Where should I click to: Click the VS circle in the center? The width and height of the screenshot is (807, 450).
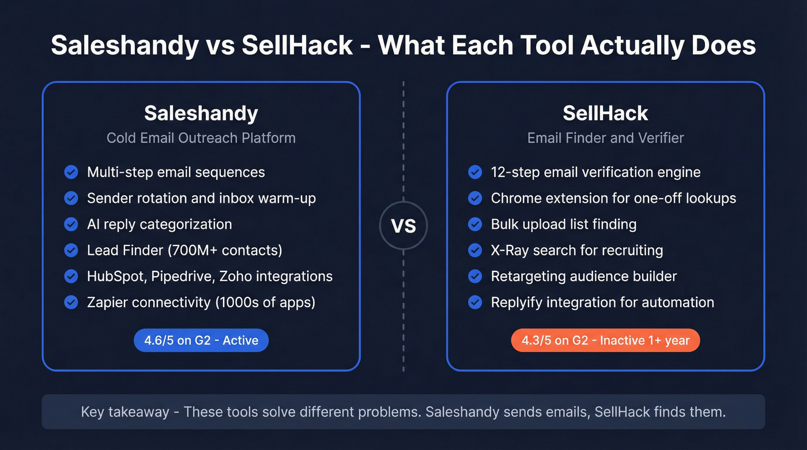(403, 226)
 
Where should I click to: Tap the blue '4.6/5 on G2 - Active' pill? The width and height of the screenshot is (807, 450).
(201, 341)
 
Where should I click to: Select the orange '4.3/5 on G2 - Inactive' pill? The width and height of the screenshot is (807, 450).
(605, 341)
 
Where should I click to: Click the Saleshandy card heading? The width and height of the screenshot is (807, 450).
(201, 114)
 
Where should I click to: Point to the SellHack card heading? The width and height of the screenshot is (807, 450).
(605, 114)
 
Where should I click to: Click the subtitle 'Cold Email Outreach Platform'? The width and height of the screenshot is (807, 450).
(201, 138)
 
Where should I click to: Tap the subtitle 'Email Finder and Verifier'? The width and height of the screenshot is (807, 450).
(605, 138)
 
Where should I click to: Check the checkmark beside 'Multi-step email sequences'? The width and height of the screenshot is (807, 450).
(71, 172)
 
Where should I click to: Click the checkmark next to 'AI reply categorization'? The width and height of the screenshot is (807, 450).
(71, 224)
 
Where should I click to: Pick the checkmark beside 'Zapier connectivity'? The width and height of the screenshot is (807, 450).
(71, 302)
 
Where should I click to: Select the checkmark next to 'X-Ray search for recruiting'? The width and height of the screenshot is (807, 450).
(475, 250)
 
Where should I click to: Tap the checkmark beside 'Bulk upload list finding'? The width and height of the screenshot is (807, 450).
(475, 224)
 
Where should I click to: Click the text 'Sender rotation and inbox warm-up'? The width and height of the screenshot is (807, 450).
(201, 198)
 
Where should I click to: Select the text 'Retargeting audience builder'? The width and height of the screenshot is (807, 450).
(584, 276)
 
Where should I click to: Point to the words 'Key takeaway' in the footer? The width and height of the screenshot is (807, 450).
(125, 412)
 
